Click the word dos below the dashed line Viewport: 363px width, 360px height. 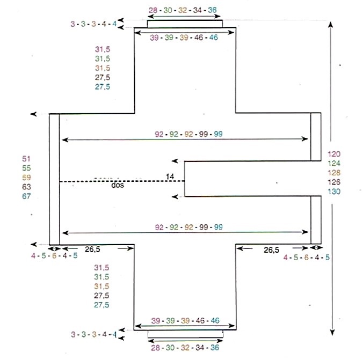click(x=117, y=187)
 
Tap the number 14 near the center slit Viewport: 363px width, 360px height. click(x=170, y=177)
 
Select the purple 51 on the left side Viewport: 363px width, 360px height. click(x=26, y=158)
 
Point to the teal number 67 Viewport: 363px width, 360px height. click(x=26, y=196)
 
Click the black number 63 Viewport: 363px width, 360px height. click(x=26, y=187)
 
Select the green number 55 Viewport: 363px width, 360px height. click(x=26, y=168)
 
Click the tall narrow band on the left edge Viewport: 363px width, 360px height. click(x=54, y=179)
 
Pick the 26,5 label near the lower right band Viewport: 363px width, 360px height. click(x=271, y=250)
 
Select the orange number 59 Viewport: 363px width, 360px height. click(x=26, y=178)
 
